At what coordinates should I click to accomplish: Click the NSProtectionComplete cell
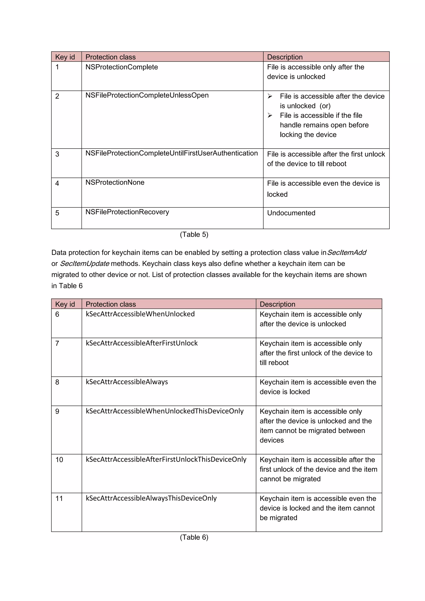pos(122,67)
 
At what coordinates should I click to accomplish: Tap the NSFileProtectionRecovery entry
pos(127,212)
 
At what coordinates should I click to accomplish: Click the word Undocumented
pos(291,213)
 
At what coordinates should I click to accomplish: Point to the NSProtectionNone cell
pos(115,182)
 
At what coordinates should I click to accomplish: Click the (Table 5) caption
pos(194,235)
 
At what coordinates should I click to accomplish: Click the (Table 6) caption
pos(194,537)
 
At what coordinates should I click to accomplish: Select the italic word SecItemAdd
pos(347,253)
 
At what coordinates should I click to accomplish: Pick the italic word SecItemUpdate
pos(84,264)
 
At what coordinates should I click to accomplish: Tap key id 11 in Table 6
pos(59,498)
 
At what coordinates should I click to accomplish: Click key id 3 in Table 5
pos(57,154)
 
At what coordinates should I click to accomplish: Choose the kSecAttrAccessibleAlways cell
pos(127,382)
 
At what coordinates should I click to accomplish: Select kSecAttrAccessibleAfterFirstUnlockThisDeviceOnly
pos(166,459)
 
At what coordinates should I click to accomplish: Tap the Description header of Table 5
pos(285,57)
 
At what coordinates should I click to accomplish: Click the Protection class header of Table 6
pos(111,304)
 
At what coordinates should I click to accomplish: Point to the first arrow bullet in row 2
pos(270,96)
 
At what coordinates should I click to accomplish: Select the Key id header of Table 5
pos(65,57)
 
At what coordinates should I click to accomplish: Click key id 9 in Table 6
pos(57,412)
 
